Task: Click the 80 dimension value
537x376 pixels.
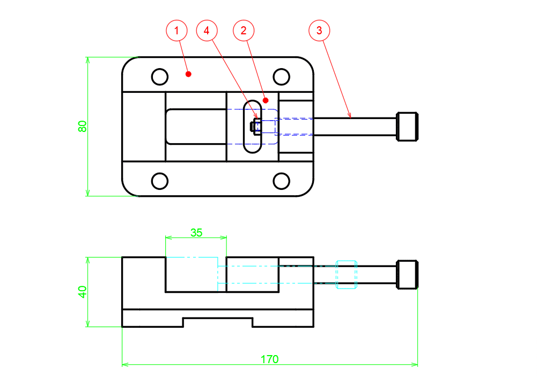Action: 82,127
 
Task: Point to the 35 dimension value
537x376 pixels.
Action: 196,233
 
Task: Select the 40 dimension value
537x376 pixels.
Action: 82,292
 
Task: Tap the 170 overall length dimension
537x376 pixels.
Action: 269,359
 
